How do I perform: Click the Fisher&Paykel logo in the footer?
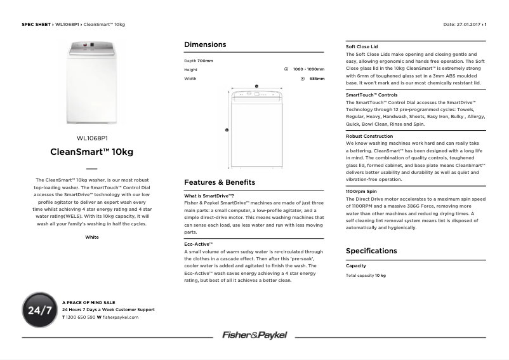(255, 335)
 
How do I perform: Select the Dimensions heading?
(205, 44)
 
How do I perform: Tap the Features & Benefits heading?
(220, 182)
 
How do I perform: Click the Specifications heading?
(371, 251)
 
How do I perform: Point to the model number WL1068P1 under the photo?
(92, 138)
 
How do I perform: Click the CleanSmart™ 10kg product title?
(92, 152)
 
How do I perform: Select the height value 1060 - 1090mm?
(308, 69)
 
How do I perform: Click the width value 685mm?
(317, 79)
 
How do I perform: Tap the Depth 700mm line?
(199, 60)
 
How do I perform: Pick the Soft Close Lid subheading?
(362, 47)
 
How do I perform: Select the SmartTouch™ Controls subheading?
(371, 95)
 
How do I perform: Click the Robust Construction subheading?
(369, 136)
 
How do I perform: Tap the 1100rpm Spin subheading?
(361, 191)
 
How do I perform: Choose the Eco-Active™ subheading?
(198, 244)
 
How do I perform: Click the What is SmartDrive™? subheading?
(209, 196)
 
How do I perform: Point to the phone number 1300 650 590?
(81, 316)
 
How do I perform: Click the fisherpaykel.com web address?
(121, 316)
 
